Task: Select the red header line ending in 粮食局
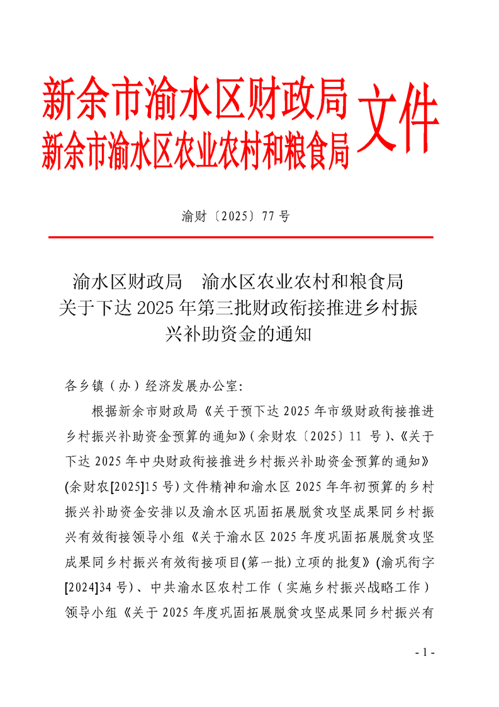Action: [x=195, y=150]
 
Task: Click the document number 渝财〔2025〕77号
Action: [x=235, y=217]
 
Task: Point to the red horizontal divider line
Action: [x=241, y=238]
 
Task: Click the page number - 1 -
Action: [x=425, y=652]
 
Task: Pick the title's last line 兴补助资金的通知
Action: [x=238, y=334]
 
